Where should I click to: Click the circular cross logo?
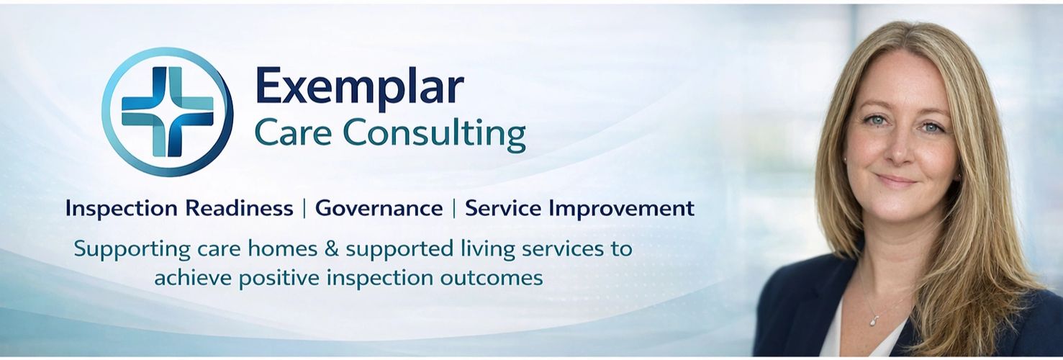168,112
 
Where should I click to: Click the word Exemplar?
359,86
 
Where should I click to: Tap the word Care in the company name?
293,132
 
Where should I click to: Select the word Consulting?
434,135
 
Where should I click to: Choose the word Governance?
379,208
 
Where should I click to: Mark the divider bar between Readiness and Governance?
304,208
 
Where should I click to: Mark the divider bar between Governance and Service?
454,208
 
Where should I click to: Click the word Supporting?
132,250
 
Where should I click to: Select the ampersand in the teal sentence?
332,249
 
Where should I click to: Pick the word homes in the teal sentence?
282,249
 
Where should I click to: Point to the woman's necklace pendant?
873,321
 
